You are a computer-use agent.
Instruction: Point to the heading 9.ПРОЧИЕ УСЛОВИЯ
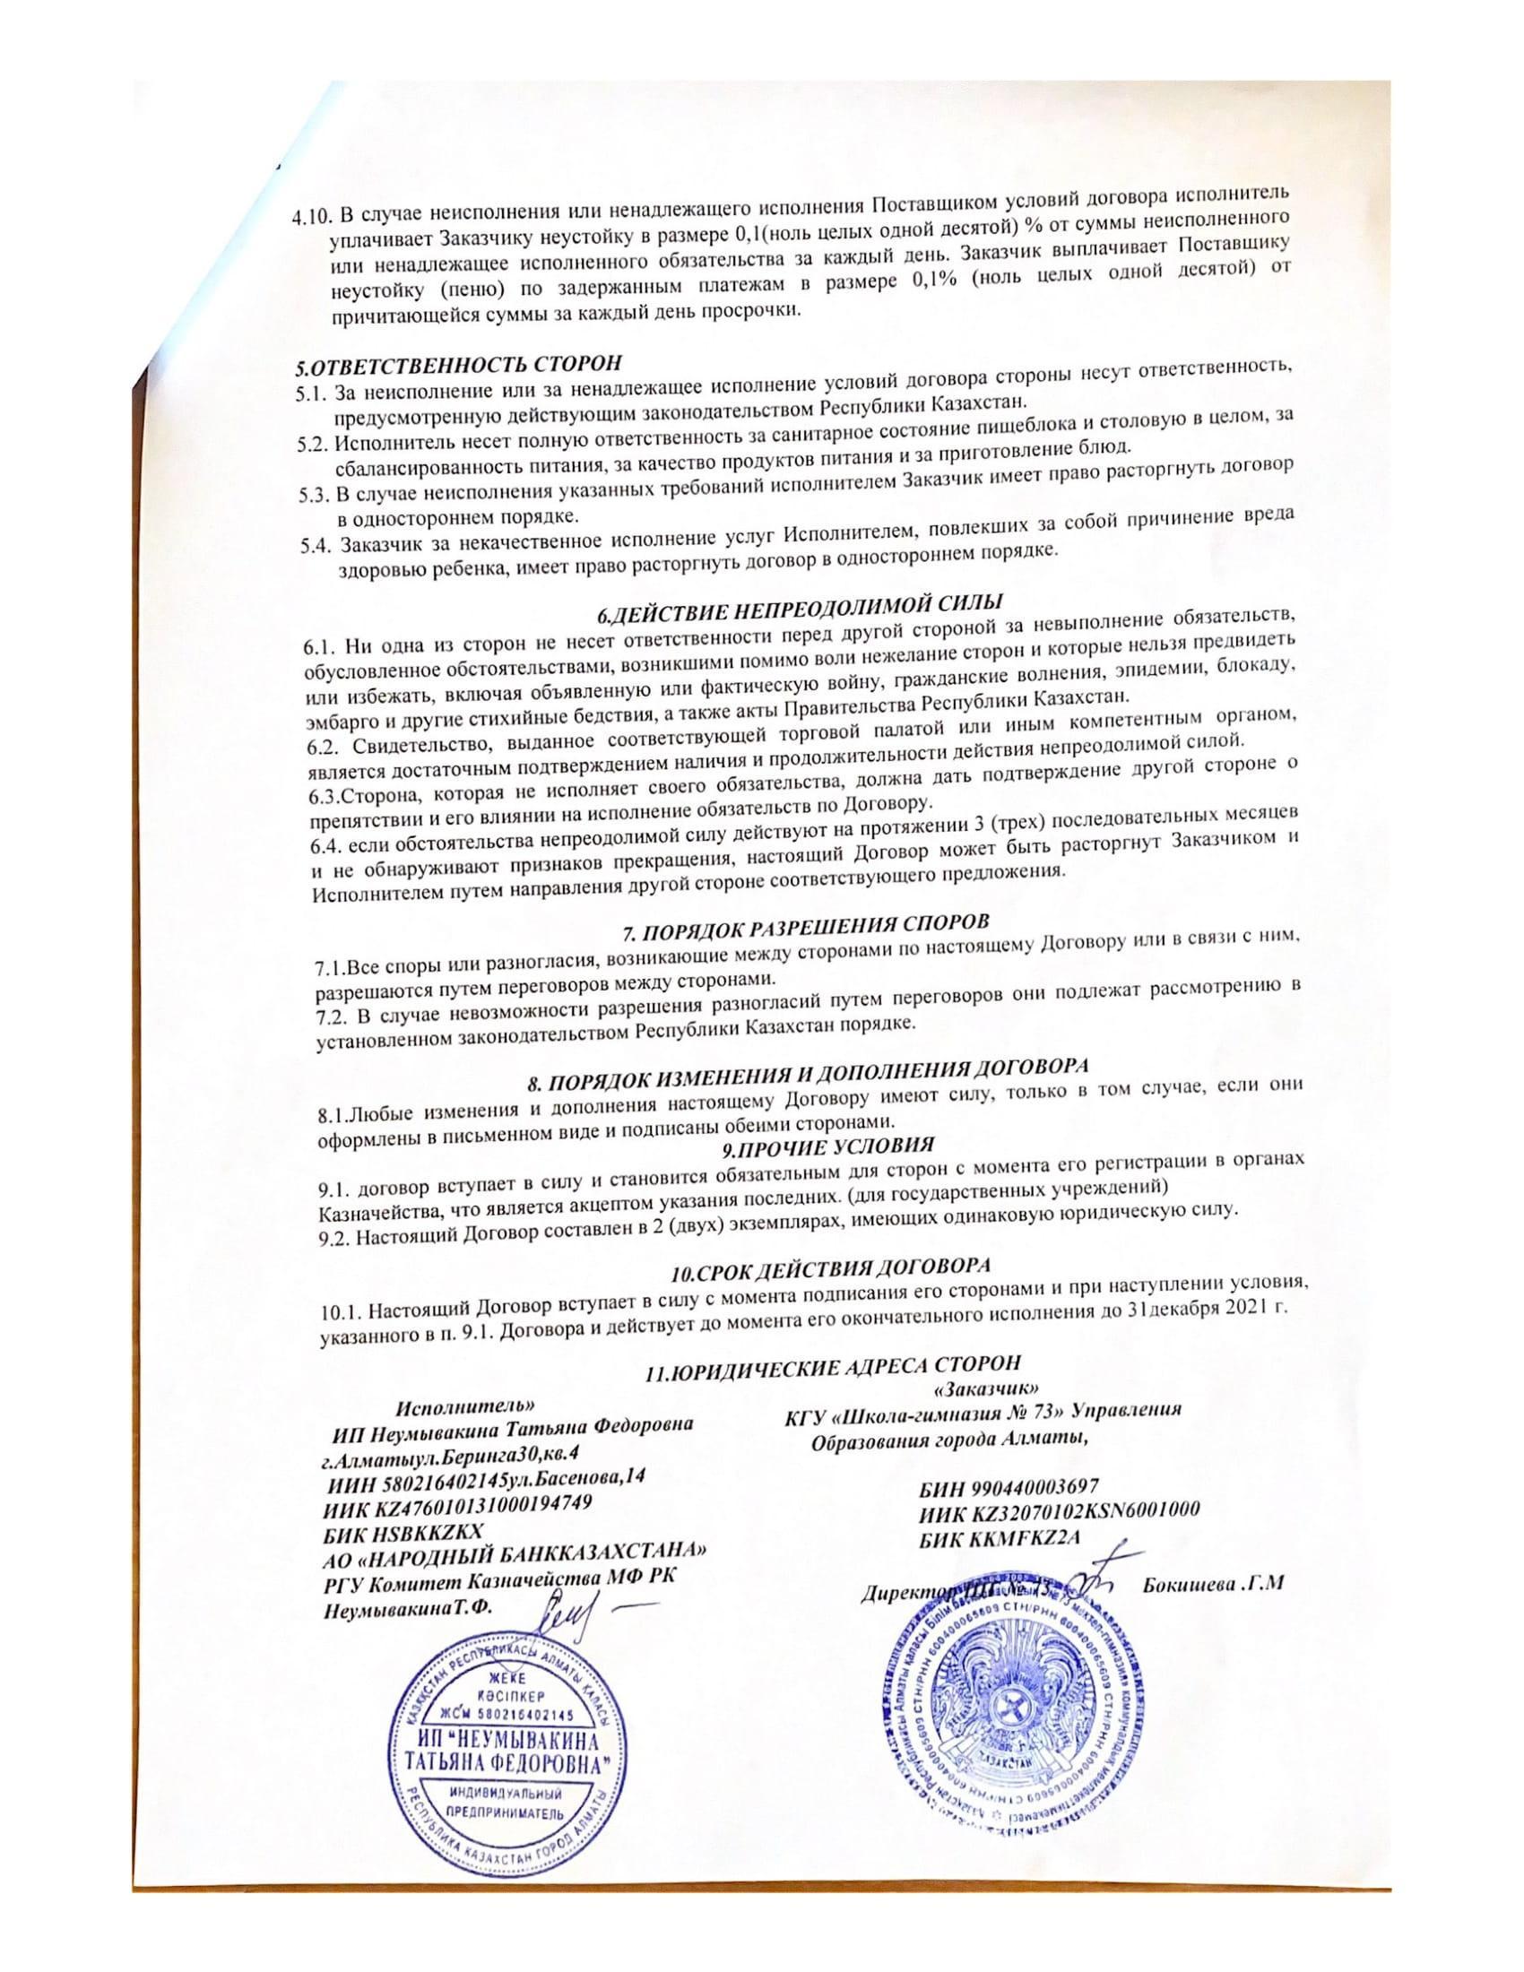(827, 1146)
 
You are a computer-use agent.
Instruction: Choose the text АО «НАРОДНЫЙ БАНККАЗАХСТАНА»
(515, 1557)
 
